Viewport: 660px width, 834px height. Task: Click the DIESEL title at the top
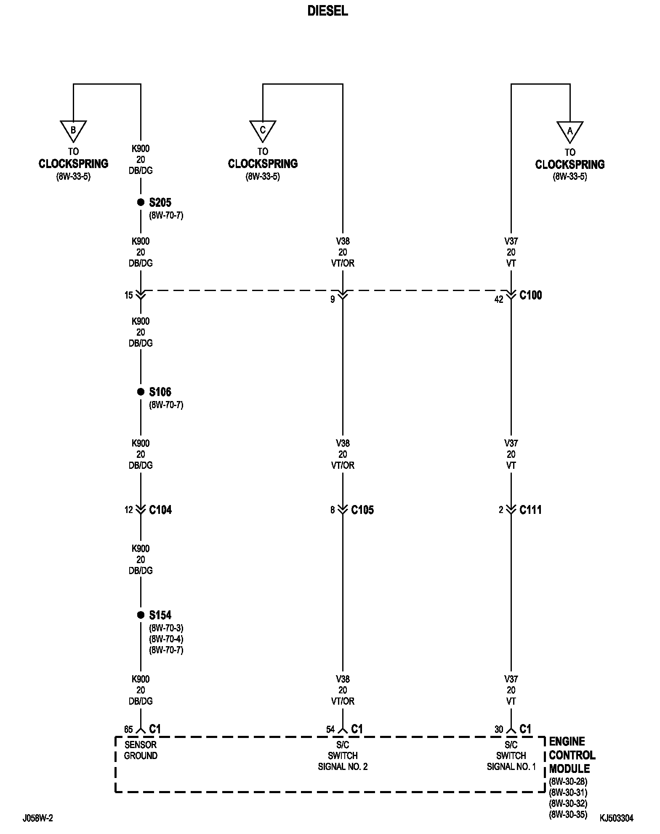coord(327,11)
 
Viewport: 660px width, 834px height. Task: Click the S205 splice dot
coord(141,203)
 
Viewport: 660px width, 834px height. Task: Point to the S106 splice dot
coord(141,392)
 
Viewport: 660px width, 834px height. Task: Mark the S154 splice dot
coord(141,615)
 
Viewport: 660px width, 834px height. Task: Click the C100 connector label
coord(530,295)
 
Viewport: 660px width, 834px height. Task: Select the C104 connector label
coord(160,510)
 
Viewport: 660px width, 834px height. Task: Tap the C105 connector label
coord(362,510)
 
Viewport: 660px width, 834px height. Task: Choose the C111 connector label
coord(530,510)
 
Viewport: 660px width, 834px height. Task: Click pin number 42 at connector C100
coord(498,300)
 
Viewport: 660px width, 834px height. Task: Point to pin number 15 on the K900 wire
coord(128,296)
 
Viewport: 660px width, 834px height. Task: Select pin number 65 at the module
coord(128,730)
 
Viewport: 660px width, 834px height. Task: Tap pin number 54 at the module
coord(330,730)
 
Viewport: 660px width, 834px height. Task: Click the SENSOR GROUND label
coord(141,750)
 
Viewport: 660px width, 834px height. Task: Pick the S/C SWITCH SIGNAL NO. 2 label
coord(343,756)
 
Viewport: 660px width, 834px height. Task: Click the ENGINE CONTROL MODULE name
coord(572,755)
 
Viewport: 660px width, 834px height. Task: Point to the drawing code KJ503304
coord(616,818)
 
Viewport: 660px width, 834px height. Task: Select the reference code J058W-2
coord(38,818)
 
